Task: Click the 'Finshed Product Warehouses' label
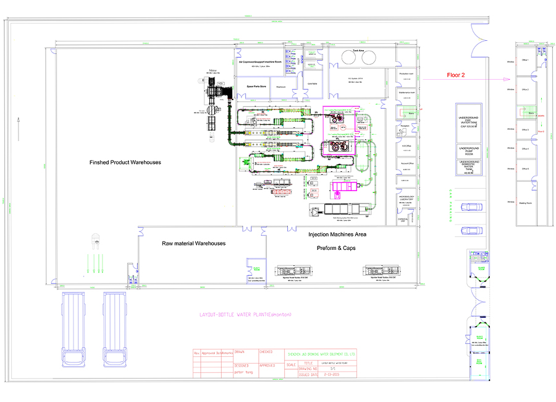(125, 162)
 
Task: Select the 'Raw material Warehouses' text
(193, 243)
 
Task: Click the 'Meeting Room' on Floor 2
(526, 202)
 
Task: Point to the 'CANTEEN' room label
(312, 83)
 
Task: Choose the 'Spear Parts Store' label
(253, 87)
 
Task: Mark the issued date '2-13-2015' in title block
(329, 375)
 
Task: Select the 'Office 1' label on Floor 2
(525, 60)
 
